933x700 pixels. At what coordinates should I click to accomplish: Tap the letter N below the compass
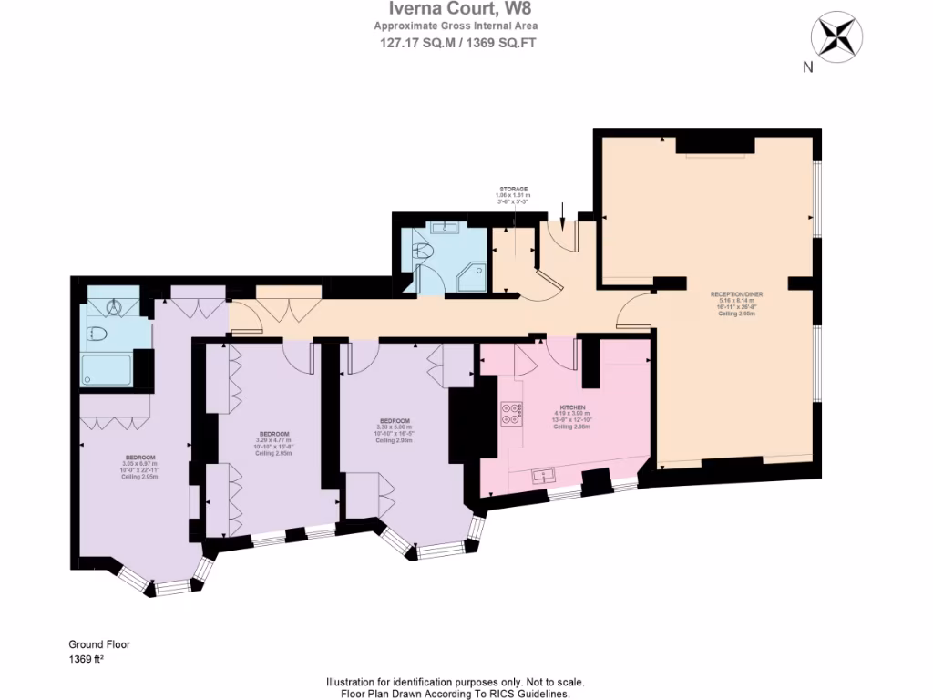[x=807, y=67]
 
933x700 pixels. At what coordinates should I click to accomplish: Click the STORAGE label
[x=514, y=189]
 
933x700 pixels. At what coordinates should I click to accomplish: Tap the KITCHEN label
[x=572, y=407]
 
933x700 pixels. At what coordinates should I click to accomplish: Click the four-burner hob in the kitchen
[x=512, y=416]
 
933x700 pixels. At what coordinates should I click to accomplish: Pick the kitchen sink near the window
[x=545, y=475]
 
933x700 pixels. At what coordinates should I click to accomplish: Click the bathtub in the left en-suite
[x=107, y=369]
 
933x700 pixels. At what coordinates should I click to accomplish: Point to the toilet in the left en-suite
[x=96, y=335]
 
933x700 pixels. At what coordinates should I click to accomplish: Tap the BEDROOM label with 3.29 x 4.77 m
[x=273, y=433]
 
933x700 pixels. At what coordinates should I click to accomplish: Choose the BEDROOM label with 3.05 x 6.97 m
[x=139, y=457]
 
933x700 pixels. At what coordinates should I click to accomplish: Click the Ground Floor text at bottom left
[x=99, y=644]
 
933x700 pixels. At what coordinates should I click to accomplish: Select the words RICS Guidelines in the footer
[x=528, y=694]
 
